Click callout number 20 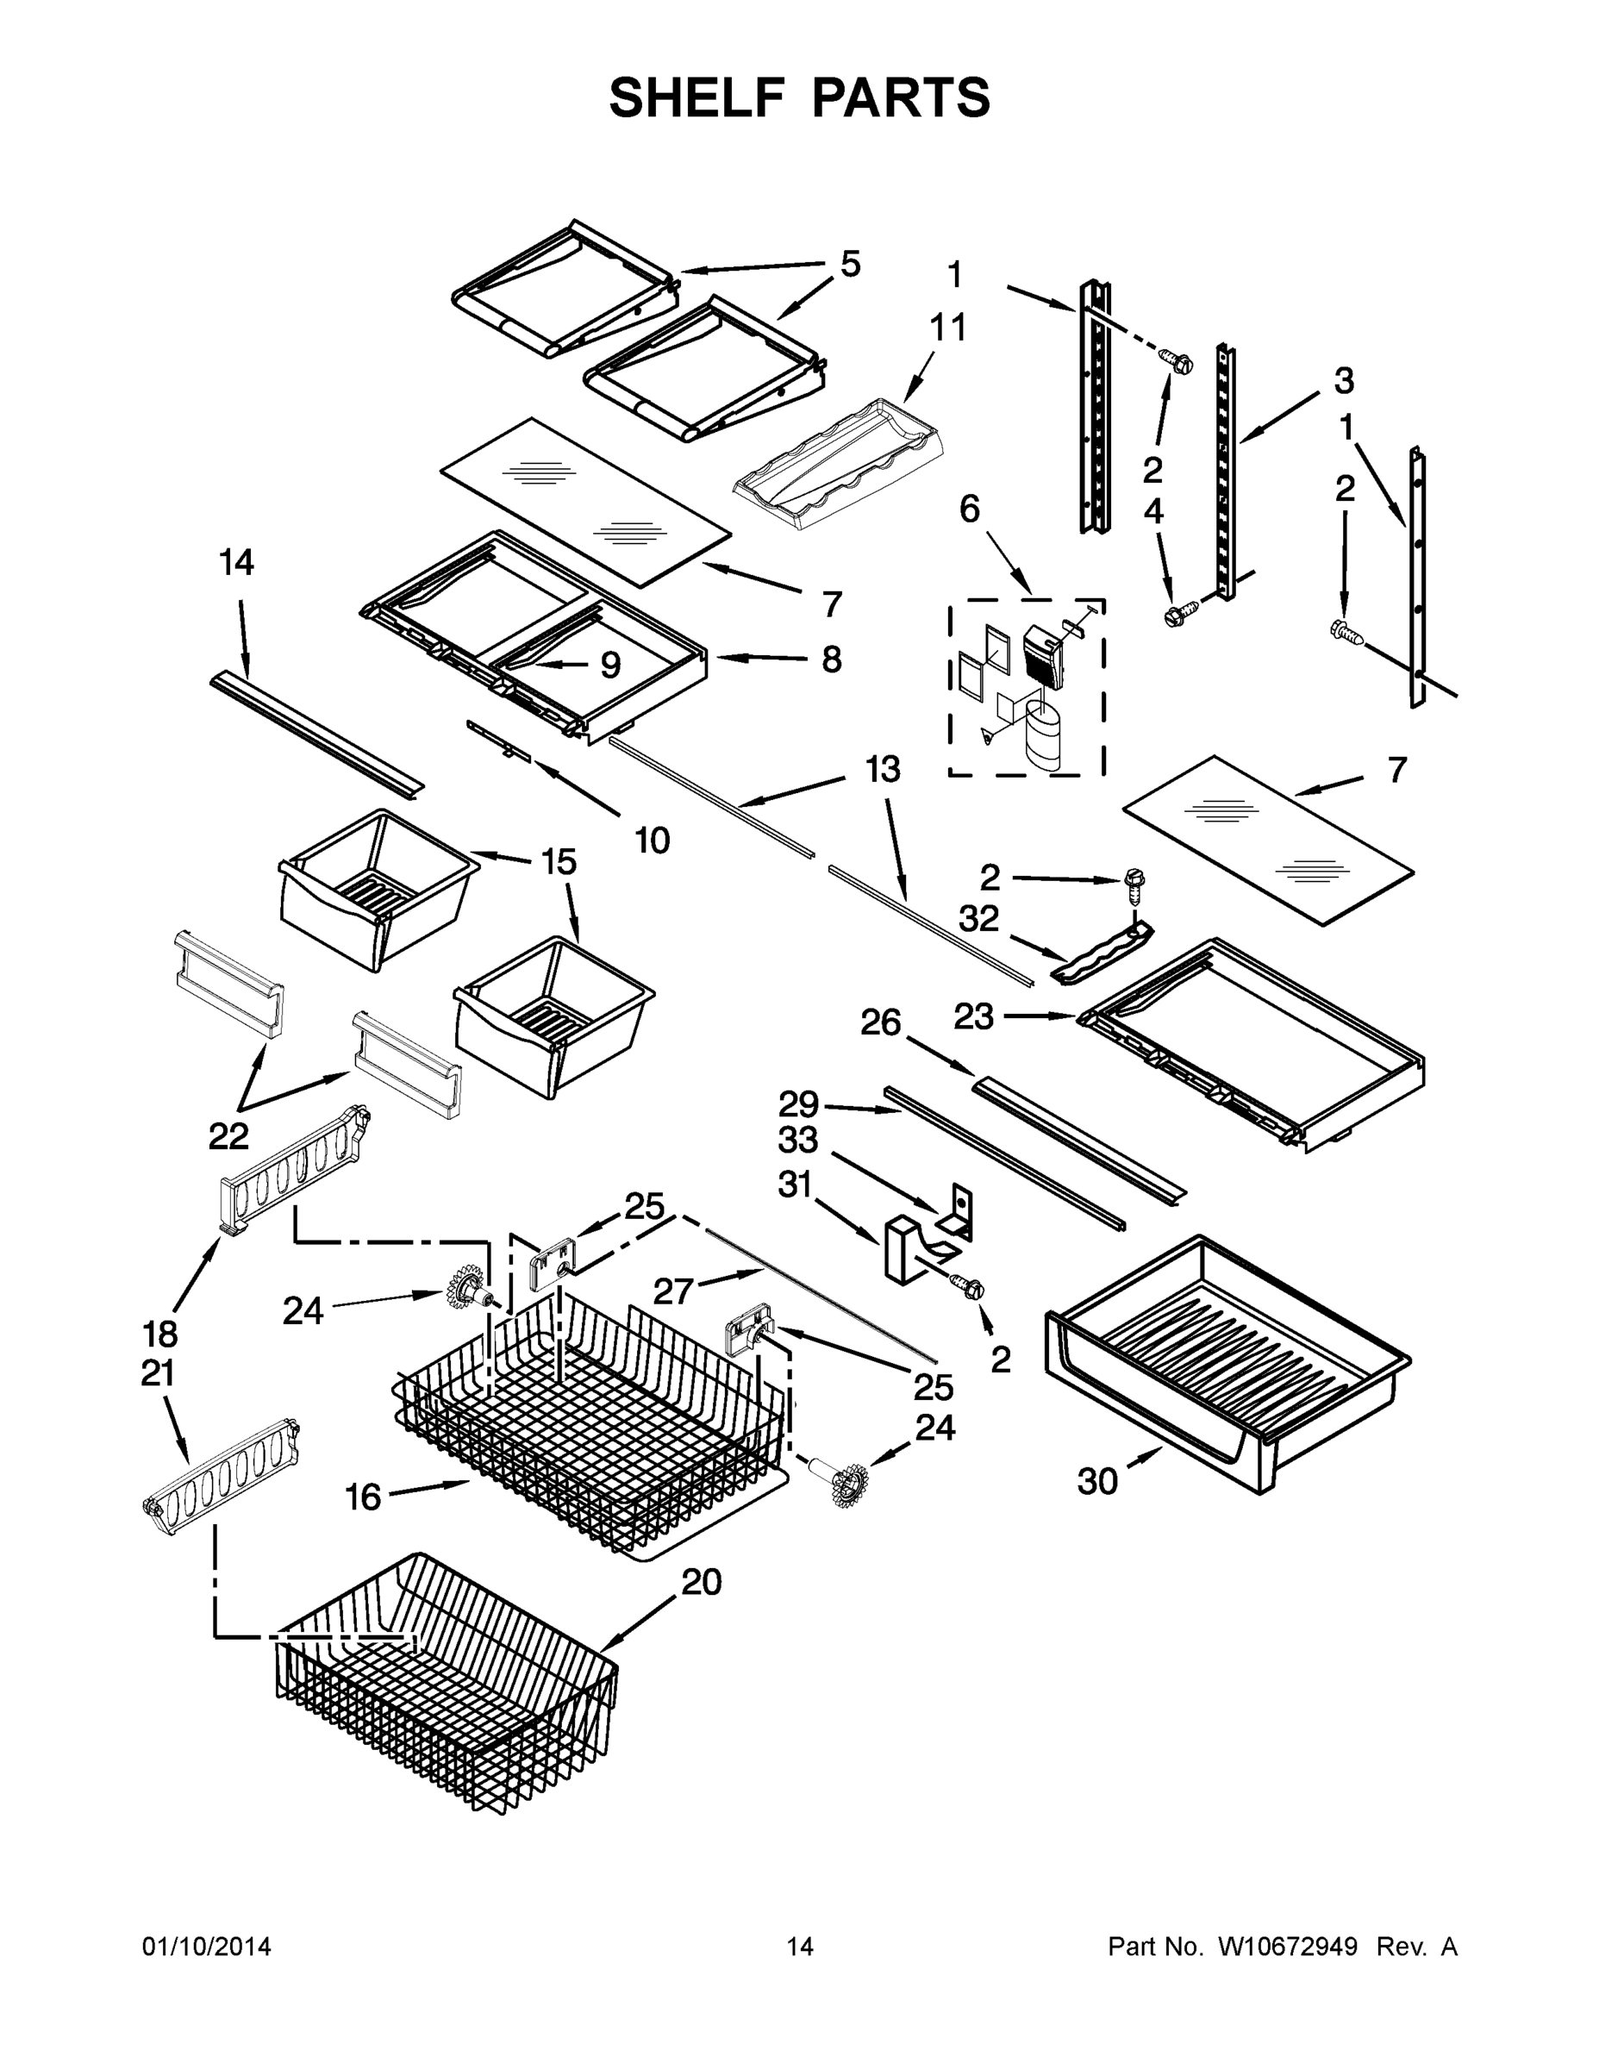(x=702, y=1580)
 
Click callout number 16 (x=363, y=1497)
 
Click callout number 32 (x=978, y=918)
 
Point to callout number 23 (x=973, y=1016)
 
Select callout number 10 (x=652, y=840)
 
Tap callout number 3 (x=1343, y=381)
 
